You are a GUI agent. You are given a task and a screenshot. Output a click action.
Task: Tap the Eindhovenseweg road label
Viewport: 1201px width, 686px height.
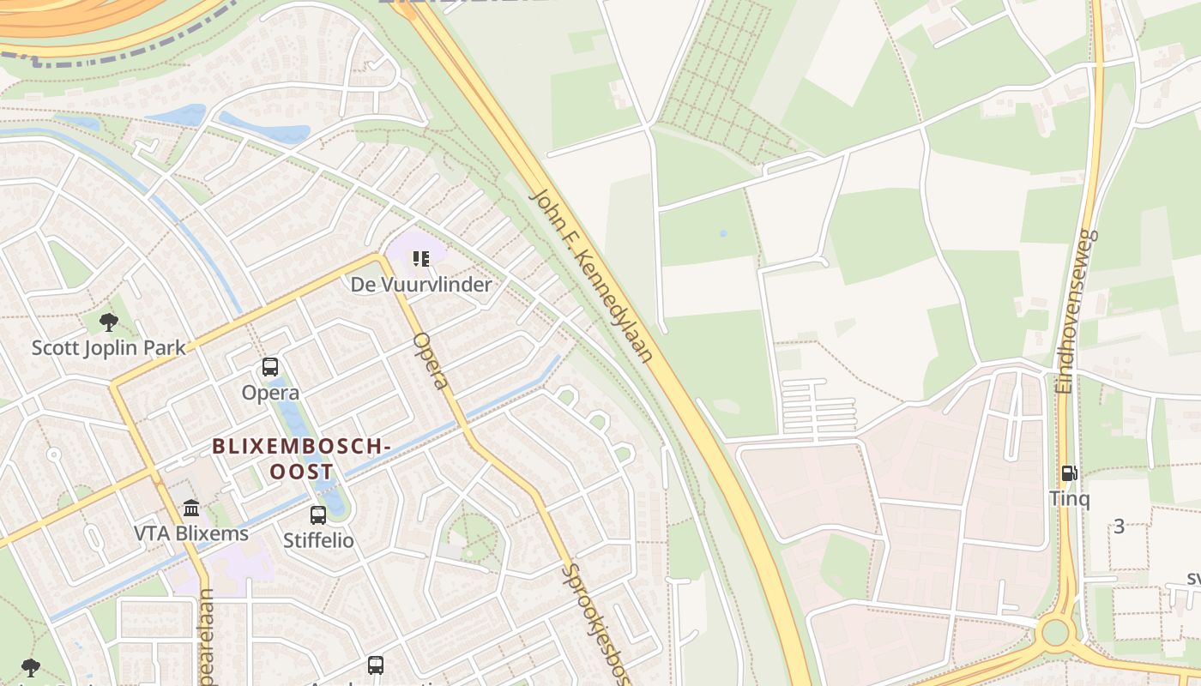(1078, 311)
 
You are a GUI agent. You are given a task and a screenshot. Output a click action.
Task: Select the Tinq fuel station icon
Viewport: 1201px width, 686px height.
(1069, 473)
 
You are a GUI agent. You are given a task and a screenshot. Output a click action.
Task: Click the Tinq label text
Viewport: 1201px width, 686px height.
(1069, 498)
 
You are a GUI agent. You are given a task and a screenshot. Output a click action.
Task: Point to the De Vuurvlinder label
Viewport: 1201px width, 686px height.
(421, 285)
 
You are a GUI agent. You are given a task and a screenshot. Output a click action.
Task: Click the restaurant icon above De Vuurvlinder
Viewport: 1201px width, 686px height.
(420, 258)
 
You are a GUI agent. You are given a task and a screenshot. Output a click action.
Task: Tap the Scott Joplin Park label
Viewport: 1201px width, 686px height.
(109, 348)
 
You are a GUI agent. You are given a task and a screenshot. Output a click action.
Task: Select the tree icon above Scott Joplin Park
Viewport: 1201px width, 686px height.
(108, 322)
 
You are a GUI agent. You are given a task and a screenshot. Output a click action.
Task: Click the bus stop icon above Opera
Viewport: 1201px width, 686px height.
(270, 367)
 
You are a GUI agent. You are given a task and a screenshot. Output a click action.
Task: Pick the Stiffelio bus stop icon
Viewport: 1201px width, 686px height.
(318, 515)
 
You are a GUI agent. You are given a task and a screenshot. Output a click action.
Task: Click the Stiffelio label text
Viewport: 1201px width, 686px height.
(318, 541)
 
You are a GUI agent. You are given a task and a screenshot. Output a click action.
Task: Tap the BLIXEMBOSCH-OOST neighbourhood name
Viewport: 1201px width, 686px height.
(301, 459)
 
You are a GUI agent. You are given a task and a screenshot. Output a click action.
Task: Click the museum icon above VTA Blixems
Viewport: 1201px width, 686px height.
(191, 508)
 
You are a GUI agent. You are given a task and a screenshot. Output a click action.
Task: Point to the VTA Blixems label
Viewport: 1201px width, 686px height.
(191, 533)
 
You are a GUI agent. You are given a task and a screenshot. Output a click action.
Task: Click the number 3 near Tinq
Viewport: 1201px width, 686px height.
(1119, 527)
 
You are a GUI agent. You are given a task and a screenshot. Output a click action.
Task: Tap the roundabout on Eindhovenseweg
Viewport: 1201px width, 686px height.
(1055, 633)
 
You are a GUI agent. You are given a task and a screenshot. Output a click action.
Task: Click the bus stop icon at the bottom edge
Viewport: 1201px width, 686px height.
(375, 665)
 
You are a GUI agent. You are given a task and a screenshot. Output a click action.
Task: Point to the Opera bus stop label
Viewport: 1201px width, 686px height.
(270, 393)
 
